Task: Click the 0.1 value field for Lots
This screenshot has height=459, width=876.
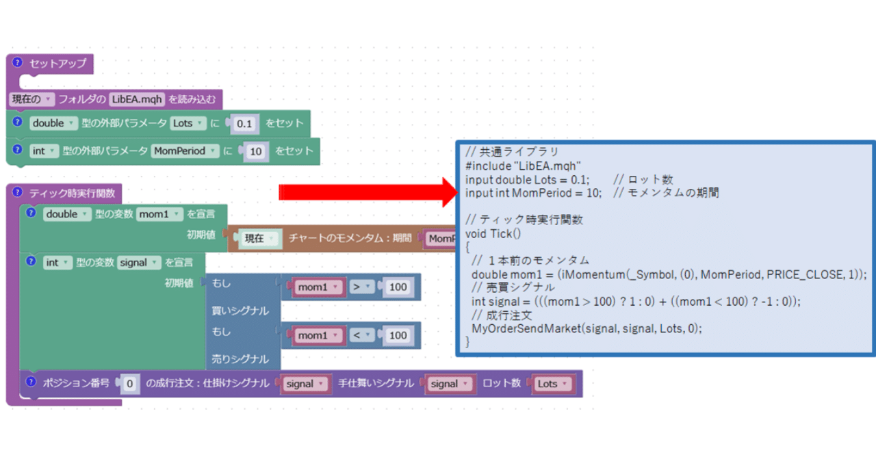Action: click(244, 124)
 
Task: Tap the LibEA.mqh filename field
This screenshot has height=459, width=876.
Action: click(138, 99)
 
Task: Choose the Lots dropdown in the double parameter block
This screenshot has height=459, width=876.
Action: click(188, 124)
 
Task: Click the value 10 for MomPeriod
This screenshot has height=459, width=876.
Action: click(255, 152)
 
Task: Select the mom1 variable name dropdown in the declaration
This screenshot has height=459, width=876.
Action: click(159, 214)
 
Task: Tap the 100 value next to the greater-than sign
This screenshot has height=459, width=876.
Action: click(398, 287)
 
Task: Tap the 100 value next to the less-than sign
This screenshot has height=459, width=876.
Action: click(398, 335)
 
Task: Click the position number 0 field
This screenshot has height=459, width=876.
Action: click(129, 384)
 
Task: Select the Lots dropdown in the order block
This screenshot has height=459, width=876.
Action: click(552, 384)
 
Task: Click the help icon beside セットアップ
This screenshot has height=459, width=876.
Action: click(18, 62)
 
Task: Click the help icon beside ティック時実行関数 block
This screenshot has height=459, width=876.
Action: click(18, 192)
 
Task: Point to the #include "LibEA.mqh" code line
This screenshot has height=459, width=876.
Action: click(523, 166)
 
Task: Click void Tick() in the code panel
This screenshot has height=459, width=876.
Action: click(493, 233)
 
